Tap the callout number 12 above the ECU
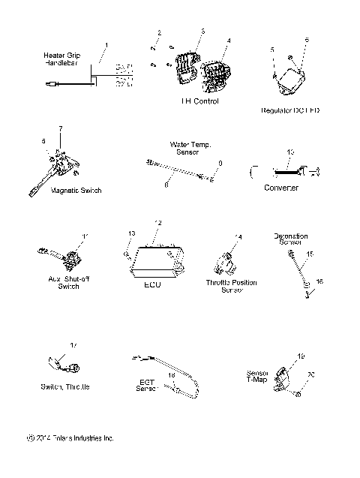(x=158, y=223)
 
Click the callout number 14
(x=238, y=237)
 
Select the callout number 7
(x=61, y=128)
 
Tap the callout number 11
(x=85, y=236)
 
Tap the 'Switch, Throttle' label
(x=66, y=386)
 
